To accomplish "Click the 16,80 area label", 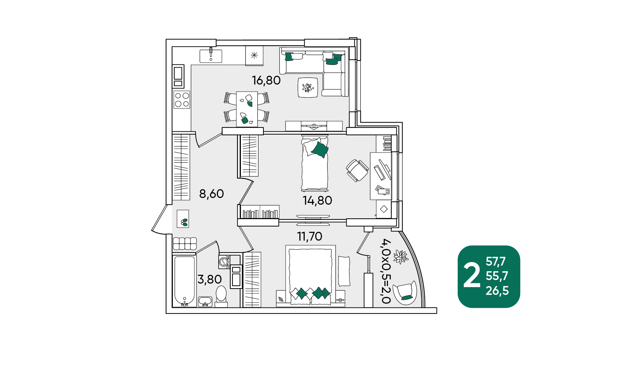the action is pos(266,80).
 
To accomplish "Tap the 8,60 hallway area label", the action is pos(212,194).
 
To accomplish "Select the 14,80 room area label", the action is pos(317,200).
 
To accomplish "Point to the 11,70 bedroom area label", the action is pos(310,236).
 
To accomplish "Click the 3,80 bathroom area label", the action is pos(209,279).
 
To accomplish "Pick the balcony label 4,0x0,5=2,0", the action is pos(386,271).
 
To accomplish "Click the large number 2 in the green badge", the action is pos(472,277).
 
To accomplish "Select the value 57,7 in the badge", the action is pos(496,261).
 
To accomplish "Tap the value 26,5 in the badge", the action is pos(497,291).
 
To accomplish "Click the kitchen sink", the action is pos(211,56).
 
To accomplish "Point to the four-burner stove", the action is pos(182,100).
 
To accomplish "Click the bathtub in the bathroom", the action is pos(184,281).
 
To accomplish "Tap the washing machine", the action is pos(224,261).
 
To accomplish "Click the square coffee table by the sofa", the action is pos(308,87).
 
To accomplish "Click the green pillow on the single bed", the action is pos(320,150).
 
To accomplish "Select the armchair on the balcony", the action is pos(406,292).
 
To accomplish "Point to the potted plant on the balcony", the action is pos(400,256).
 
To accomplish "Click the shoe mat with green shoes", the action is pos(183,219).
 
